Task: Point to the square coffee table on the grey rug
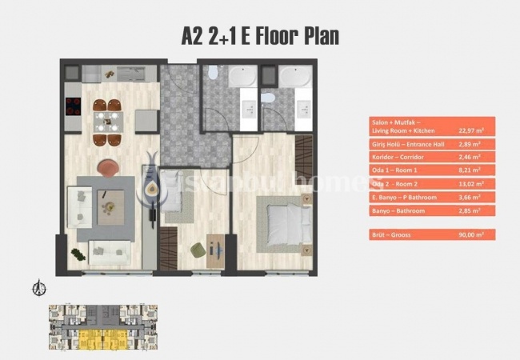pos(107,206)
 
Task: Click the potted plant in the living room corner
pos(77,254)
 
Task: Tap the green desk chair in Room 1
pos(198,250)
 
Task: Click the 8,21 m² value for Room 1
pos(470,170)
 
